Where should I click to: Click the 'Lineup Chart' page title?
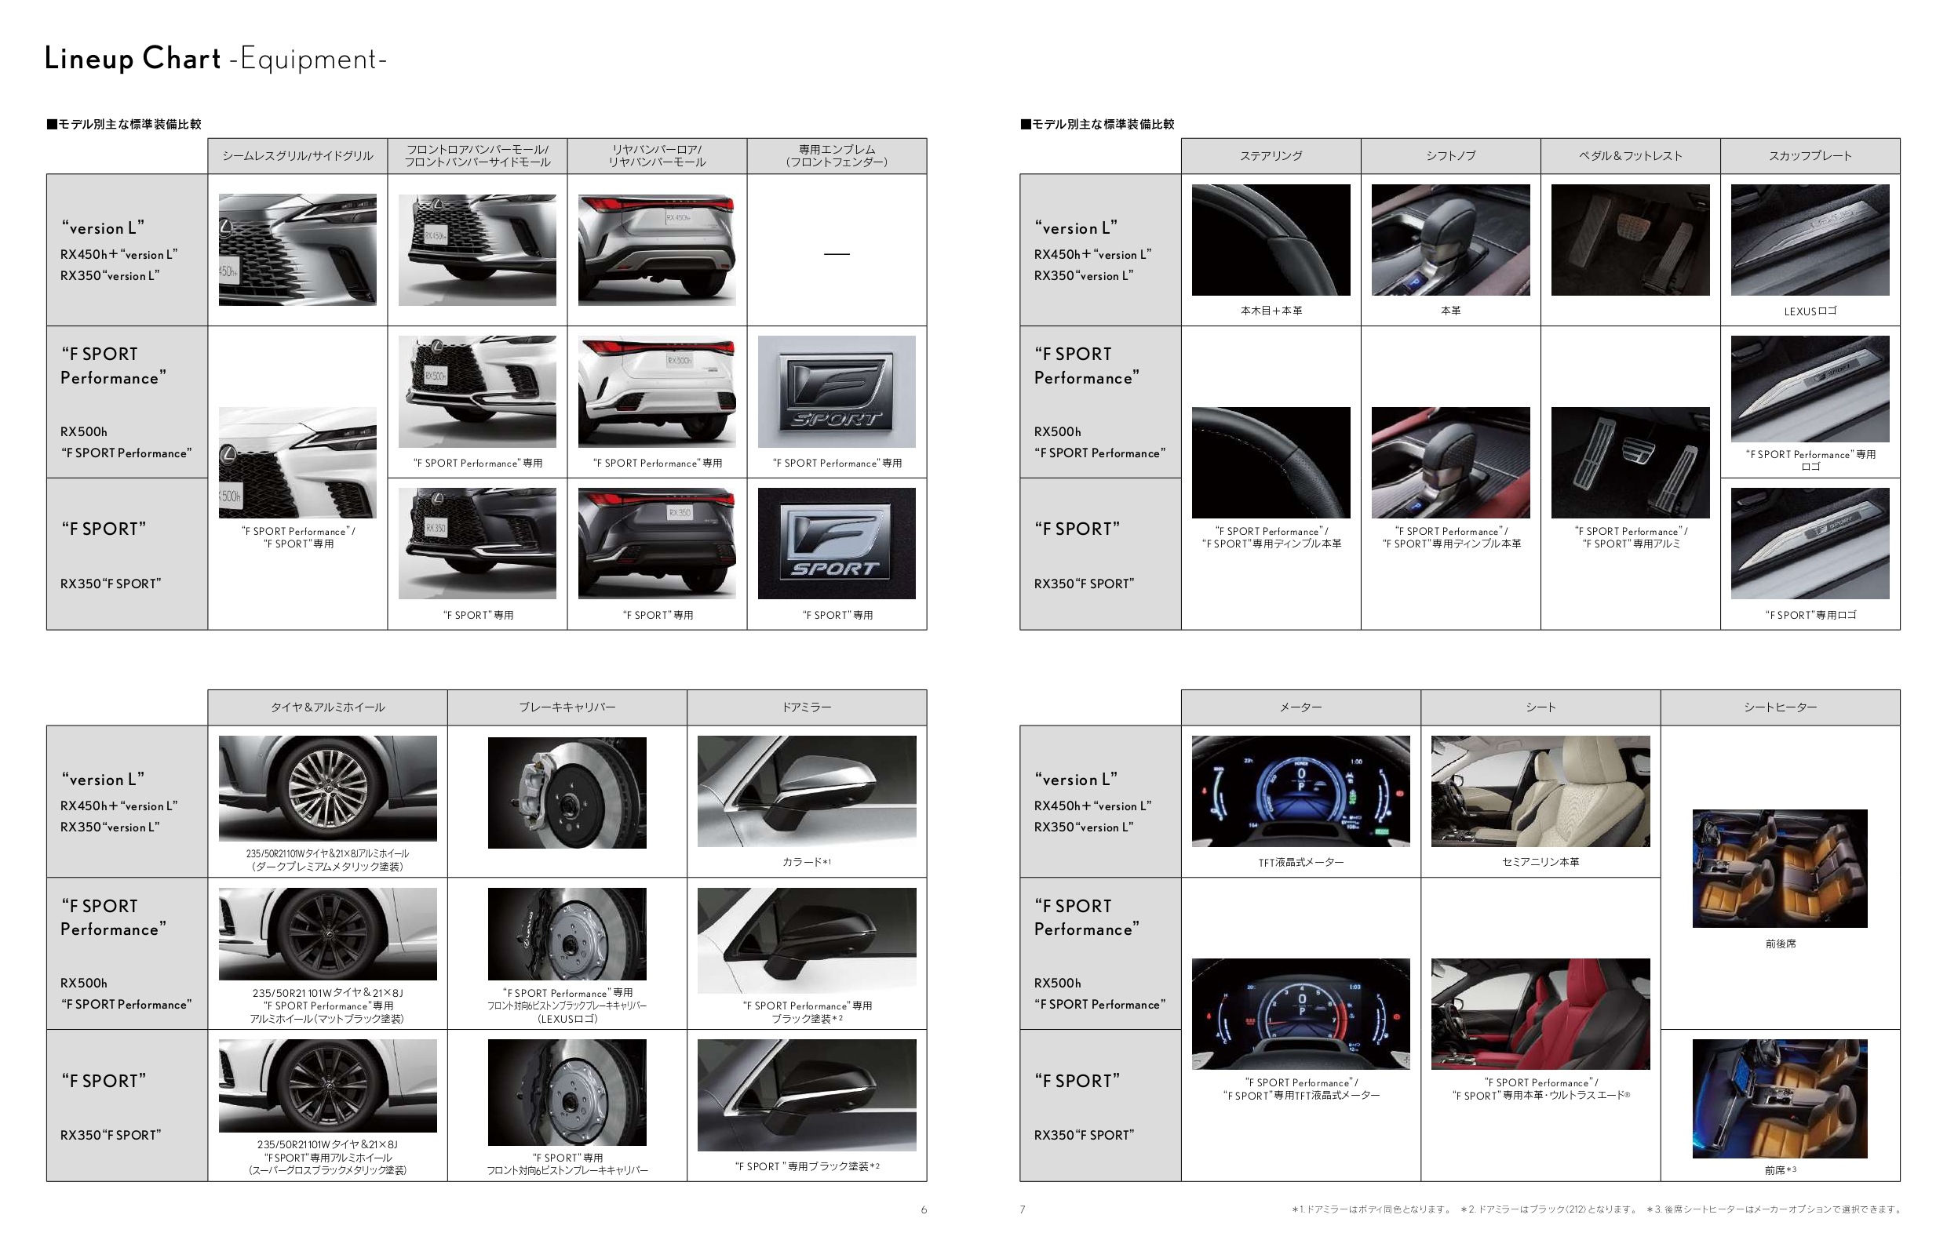[x=133, y=59]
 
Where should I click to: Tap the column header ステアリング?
[x=1271, y=156]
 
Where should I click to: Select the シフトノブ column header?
[x=1450, y=156]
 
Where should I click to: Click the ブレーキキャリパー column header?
[x=567, y=707]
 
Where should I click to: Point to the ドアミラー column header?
[x=807, y=707]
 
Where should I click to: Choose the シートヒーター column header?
[x=1781, y=707]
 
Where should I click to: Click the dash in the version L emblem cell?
[x=837, y=254]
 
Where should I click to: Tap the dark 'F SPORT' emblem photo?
[x=837, y=544]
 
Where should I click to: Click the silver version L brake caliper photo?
[x=567, y=793]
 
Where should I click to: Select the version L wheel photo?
[x=327, y=789]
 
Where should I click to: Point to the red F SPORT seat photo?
[x=1540, y=1014]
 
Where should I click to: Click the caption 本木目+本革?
[x=1271, y=311]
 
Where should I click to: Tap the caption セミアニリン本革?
[x=1540, y=862]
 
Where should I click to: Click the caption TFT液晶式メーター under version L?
[x=1301, y=863]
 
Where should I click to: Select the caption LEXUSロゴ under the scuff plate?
[x=1810, y=311]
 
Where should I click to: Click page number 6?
[x=924, y=1209]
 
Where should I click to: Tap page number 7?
[x=1023, y=1209]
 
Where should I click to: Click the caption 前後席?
[x=1781, y=944]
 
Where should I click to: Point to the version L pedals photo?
[x=1630, y=240]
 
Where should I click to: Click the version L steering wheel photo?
[x=1271, y=240]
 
